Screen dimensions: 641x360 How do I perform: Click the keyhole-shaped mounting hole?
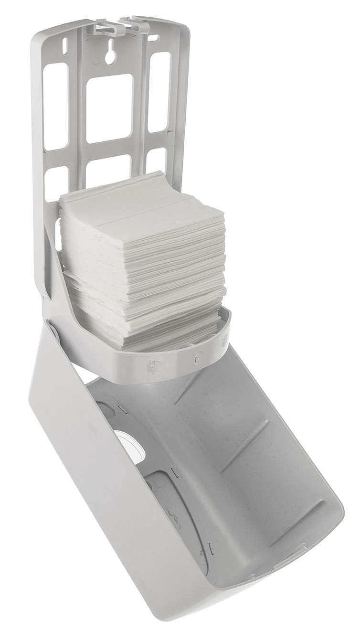pyautogui.click(x=110, y=52)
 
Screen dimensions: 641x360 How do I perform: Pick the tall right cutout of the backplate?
pyautogui.click(x=159, y=91)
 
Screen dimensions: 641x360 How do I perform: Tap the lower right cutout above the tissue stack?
pyautogui.click(x=156, y=160)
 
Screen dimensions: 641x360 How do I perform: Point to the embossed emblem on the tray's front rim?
pyautogui.click(x=155, y=365)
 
